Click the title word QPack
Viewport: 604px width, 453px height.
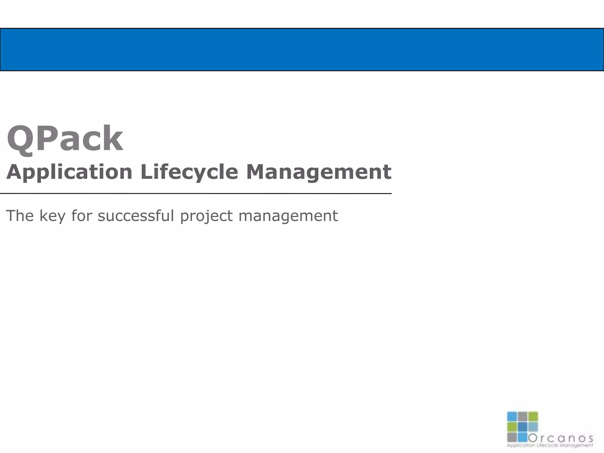65,139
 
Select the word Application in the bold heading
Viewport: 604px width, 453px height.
69,172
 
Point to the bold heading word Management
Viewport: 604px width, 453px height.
319,172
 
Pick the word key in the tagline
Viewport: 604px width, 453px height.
52,216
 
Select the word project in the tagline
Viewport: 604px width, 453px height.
206,216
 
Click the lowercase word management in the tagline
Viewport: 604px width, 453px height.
288,216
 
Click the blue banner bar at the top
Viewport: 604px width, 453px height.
302,50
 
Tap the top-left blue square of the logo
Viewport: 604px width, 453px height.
512,416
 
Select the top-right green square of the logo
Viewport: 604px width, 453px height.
533,416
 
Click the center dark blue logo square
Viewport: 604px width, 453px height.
523,426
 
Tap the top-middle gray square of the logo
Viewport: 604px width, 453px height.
523,416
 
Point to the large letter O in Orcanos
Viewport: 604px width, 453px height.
532,438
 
